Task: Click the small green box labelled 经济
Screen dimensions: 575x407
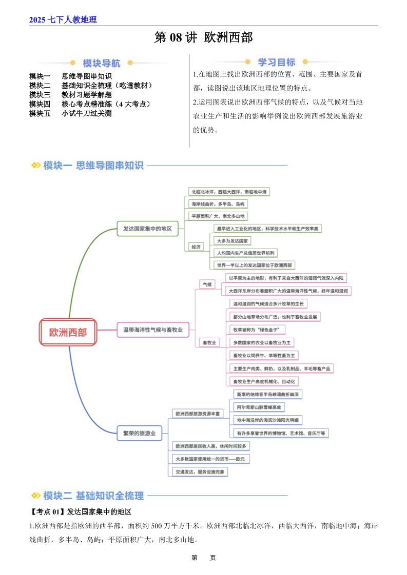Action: tap(196, 247)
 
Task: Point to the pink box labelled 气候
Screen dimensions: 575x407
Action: tap(207, 283)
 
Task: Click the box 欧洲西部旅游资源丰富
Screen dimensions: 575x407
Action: tap(198, 413)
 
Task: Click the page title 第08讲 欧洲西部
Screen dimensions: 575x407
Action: tap(203, 38)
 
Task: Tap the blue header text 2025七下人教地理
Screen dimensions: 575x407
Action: tap(63, 20)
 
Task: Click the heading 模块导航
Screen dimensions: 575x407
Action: tap(102, 64)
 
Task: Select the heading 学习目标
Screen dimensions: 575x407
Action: tap(276, 63)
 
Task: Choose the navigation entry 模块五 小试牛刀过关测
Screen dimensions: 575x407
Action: tap(71, 113)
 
